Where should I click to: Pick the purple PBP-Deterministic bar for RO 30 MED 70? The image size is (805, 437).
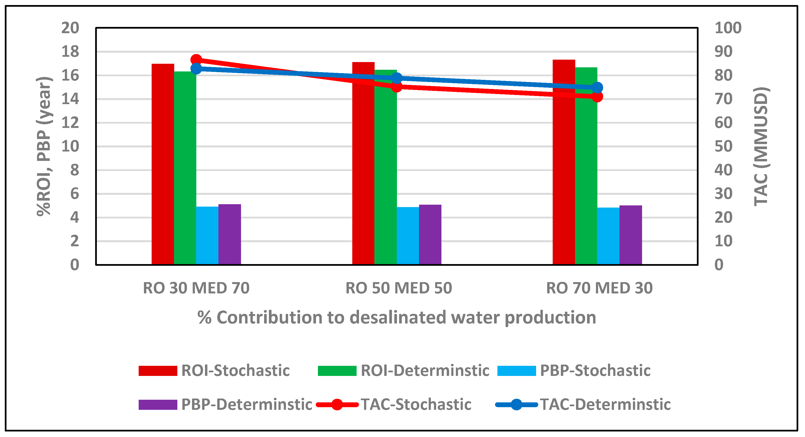(229, 234)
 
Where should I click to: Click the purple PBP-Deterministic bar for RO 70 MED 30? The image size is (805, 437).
(630, 235)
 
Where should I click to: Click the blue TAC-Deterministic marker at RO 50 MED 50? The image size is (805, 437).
(396, 78)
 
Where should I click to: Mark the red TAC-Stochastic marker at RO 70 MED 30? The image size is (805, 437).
(597, 97)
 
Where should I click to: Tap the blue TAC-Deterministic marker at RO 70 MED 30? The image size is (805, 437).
(597, 88)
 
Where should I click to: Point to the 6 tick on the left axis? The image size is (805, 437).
(74, 194)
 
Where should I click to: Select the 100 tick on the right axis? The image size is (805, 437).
(728, 28)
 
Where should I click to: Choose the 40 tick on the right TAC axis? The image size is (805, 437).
(723, 170)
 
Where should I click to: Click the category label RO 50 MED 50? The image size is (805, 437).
(398, 288)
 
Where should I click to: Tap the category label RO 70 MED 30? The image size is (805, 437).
(599, 288)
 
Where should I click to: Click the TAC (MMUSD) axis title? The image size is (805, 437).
(761, 146)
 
